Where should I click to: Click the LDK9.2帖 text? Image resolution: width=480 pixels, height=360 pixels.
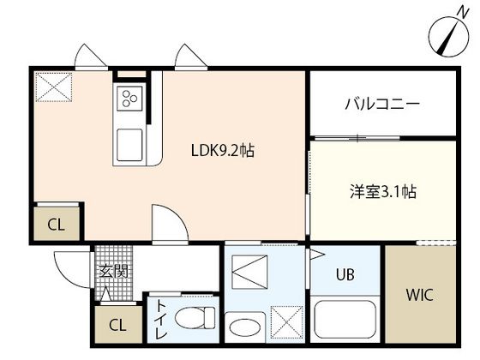coord(222,150)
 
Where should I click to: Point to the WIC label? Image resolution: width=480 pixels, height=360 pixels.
coord(419,296)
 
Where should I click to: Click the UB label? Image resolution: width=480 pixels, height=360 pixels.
coord(345,275)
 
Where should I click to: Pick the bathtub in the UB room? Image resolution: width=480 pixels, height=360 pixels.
coord(345,320)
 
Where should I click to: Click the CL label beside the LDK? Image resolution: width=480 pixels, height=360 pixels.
coord(56,225)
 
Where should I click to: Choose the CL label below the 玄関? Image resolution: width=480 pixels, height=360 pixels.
coord(117,327)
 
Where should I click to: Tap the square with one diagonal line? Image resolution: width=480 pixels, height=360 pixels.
coord(251,277)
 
